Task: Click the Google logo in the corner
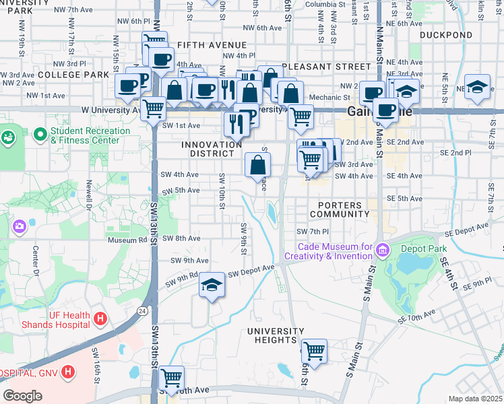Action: click(x=22, y=395)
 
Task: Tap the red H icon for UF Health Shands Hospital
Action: click(x=100, y=318)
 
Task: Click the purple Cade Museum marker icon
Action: click(x=383, y=250)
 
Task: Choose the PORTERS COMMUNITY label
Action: click(x=334, y=209)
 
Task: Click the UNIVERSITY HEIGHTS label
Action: click(x=276, y=336)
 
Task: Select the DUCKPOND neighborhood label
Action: click(x=445, y=34)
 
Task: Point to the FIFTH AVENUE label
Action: click(x=203, y=45)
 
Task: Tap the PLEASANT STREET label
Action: click(x=327, y=67)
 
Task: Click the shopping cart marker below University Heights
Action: click(x=314, y=350)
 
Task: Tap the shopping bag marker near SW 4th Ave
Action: click(x=257, y=164)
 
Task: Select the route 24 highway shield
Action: click(x=142, y=311)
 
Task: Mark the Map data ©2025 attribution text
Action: click(x=475, y=399)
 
